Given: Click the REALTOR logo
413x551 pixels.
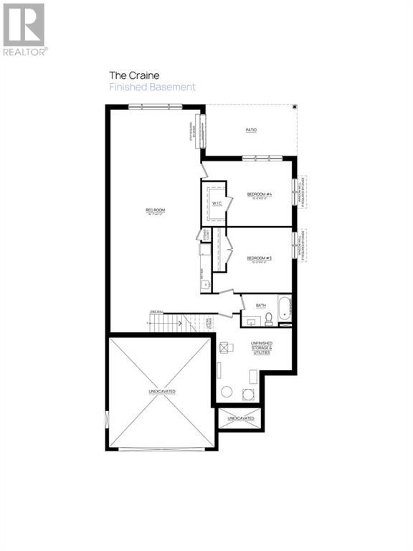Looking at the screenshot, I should point(24,29).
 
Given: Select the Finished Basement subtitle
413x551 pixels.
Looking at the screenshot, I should point(151,87).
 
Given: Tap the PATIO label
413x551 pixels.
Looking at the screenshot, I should point(251,130).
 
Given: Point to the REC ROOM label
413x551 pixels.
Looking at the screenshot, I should point(155,210).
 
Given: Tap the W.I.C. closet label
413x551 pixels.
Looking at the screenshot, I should point(214,204).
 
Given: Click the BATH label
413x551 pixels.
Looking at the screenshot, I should point(260,306).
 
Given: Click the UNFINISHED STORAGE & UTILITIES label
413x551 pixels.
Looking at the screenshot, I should point(260,347).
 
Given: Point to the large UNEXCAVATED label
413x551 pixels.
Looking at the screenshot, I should point(162,391).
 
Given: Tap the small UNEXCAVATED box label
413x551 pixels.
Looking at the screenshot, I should point(240,418).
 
